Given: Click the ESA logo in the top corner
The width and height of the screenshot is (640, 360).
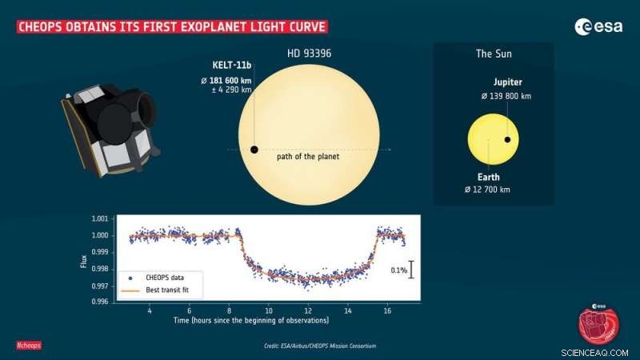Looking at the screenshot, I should (597, 27).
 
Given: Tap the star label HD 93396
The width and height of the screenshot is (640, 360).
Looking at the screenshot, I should (308, 53).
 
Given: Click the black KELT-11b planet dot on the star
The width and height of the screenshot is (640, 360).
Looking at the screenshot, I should (254, 150).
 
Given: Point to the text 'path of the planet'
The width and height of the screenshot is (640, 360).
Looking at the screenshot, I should (308, 156).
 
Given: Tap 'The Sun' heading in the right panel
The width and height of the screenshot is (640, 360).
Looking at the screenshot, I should (494, 54).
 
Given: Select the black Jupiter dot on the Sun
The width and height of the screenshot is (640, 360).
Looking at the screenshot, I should (506, 140).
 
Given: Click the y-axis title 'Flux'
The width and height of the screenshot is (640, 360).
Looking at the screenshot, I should (84, 260).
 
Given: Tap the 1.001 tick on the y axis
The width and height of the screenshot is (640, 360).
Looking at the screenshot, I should (101, 218).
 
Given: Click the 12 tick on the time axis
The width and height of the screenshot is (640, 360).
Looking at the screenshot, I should (308, 310).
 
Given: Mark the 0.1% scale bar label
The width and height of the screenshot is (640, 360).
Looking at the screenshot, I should (399, 271).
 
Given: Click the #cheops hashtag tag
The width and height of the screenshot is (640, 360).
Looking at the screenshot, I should (29, 345).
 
